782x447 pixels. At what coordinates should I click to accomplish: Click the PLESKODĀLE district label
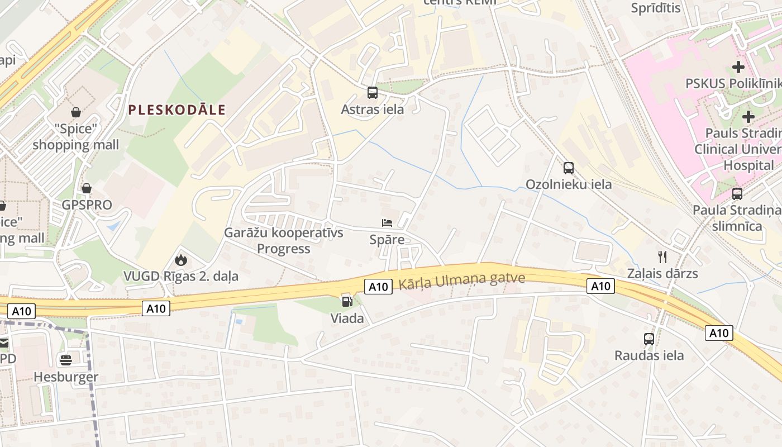(177, 110)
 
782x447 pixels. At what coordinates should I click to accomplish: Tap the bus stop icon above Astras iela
(373, 93)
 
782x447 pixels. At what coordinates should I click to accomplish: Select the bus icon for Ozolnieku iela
(569, 168)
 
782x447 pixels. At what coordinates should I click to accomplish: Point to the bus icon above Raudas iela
(649, 339)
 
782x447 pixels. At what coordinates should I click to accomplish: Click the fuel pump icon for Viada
(347, 302)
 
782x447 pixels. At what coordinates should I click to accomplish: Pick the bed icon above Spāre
(387, 223)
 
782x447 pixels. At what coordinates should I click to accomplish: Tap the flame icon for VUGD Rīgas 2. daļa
(180, 259)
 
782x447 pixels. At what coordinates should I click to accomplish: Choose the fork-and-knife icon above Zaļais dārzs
(662, 257)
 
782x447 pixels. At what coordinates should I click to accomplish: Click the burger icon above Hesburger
(66, 360)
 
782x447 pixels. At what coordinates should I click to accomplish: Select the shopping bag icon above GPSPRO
(87, 188)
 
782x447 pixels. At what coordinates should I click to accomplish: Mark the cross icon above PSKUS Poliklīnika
(738, 67)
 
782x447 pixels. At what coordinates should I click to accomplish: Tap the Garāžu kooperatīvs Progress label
(284, 240)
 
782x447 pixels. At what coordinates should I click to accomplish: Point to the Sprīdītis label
(656, 8)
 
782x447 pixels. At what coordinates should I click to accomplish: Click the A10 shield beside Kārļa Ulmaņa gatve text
(378, 287)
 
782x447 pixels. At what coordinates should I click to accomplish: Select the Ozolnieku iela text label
(569, 184)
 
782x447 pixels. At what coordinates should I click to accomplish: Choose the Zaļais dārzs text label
(662, 274)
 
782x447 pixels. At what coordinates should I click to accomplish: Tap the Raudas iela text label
(649, 355)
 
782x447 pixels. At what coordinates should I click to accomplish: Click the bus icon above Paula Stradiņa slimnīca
(737, 194)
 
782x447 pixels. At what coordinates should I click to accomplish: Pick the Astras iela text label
(373, 110)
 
